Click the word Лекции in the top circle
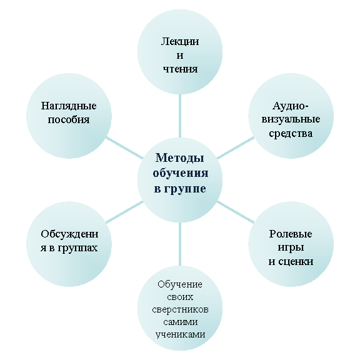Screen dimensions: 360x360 [180, 42]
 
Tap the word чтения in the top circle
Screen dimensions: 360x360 [180, 69]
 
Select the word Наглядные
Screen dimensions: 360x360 [69, 106]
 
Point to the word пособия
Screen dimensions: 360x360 [69, 119]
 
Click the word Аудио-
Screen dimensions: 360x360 [291, 106]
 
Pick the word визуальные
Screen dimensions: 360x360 [291, 119]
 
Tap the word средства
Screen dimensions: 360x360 [291, 133]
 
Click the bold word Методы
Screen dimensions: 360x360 [180, 158]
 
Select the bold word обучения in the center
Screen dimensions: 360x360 [181, 173]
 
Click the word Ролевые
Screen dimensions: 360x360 [291, 234]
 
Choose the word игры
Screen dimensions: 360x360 [291, 248]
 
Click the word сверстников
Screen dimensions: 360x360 [180, 310]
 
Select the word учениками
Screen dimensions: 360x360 [180, 334]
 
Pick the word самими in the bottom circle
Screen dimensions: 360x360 [181, 322]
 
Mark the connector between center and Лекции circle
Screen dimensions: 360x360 [180, 116]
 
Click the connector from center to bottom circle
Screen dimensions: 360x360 [180, 244]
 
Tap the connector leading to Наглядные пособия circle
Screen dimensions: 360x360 [124, 148]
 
